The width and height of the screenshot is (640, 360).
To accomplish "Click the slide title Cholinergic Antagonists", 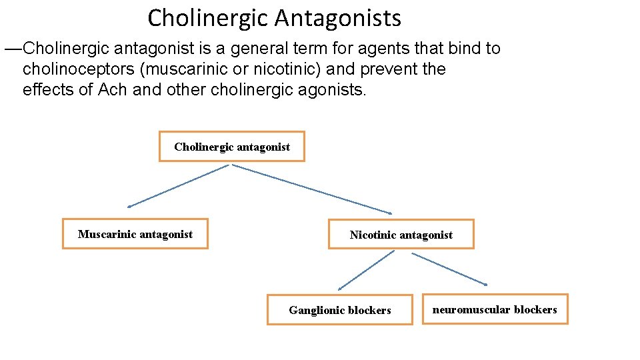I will pyautogui.click(x=274, y=18).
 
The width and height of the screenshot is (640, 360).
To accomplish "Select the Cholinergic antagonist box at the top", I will pyautogui.click(x=231, y=147).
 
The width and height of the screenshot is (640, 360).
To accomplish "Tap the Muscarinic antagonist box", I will pyautogui.click(x=135, y=234).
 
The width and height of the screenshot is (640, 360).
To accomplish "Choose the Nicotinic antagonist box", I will pyautogui.click(x=401, y=235).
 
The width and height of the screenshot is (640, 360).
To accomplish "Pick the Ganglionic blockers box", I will pyautogui.click(x=339, y=310).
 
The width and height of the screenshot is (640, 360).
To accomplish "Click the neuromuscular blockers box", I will pyautogui.click(x=495, y=309).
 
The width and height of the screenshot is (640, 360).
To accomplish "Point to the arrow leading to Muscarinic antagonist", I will pyautogui.click(x=178, y=186).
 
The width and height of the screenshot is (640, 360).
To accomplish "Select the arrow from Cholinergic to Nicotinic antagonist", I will pyautogui.click(x=311, y=189).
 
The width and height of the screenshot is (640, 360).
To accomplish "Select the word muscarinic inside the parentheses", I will pyautogui.click(x=187, y=69).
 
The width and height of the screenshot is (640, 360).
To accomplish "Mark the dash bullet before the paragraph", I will pyautogui.click(x=13, y=49).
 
